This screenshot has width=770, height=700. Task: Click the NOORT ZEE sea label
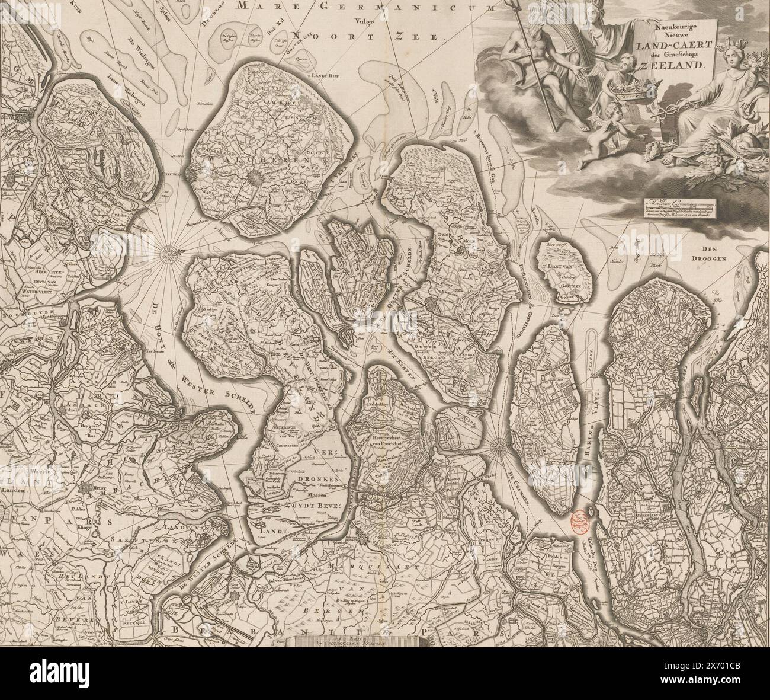pyautogui.click(x=367, y=34)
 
